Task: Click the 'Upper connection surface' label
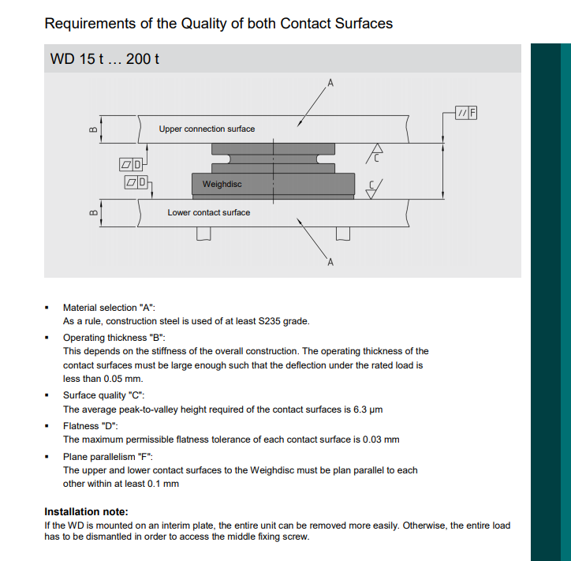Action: pos(207,129)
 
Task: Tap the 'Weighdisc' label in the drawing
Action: pos(222,184)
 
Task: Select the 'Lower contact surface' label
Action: pos(208,212)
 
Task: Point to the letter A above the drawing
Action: pos(330,82)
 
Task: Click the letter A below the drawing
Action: pos(330,264)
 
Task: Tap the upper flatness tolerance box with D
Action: pos(130,164)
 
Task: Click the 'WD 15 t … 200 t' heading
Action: pos(105,59)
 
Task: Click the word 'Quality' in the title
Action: pos(203,23)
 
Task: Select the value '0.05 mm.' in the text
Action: pos(125,379)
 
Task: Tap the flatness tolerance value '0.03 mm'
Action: pos(381,439)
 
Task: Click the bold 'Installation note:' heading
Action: pos(86,511)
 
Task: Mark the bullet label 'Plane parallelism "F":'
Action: pos(108,456)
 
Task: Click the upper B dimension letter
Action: pos(92,129)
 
